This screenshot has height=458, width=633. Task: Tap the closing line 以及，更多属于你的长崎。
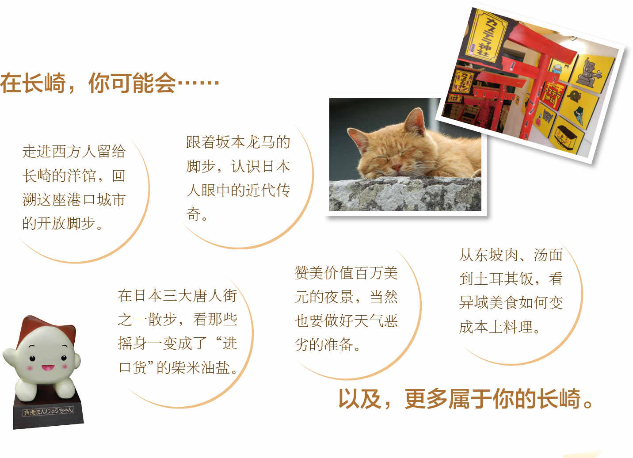[465, 399]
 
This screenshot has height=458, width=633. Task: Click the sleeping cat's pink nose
[396, 167]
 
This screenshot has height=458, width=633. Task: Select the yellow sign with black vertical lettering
[486, 36]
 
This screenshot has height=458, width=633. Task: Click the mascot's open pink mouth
[48, 367]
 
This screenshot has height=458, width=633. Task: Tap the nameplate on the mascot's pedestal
[48, 411]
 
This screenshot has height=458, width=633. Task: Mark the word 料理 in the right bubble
[518, 327]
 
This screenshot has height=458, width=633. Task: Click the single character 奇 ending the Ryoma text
[194, 214]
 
